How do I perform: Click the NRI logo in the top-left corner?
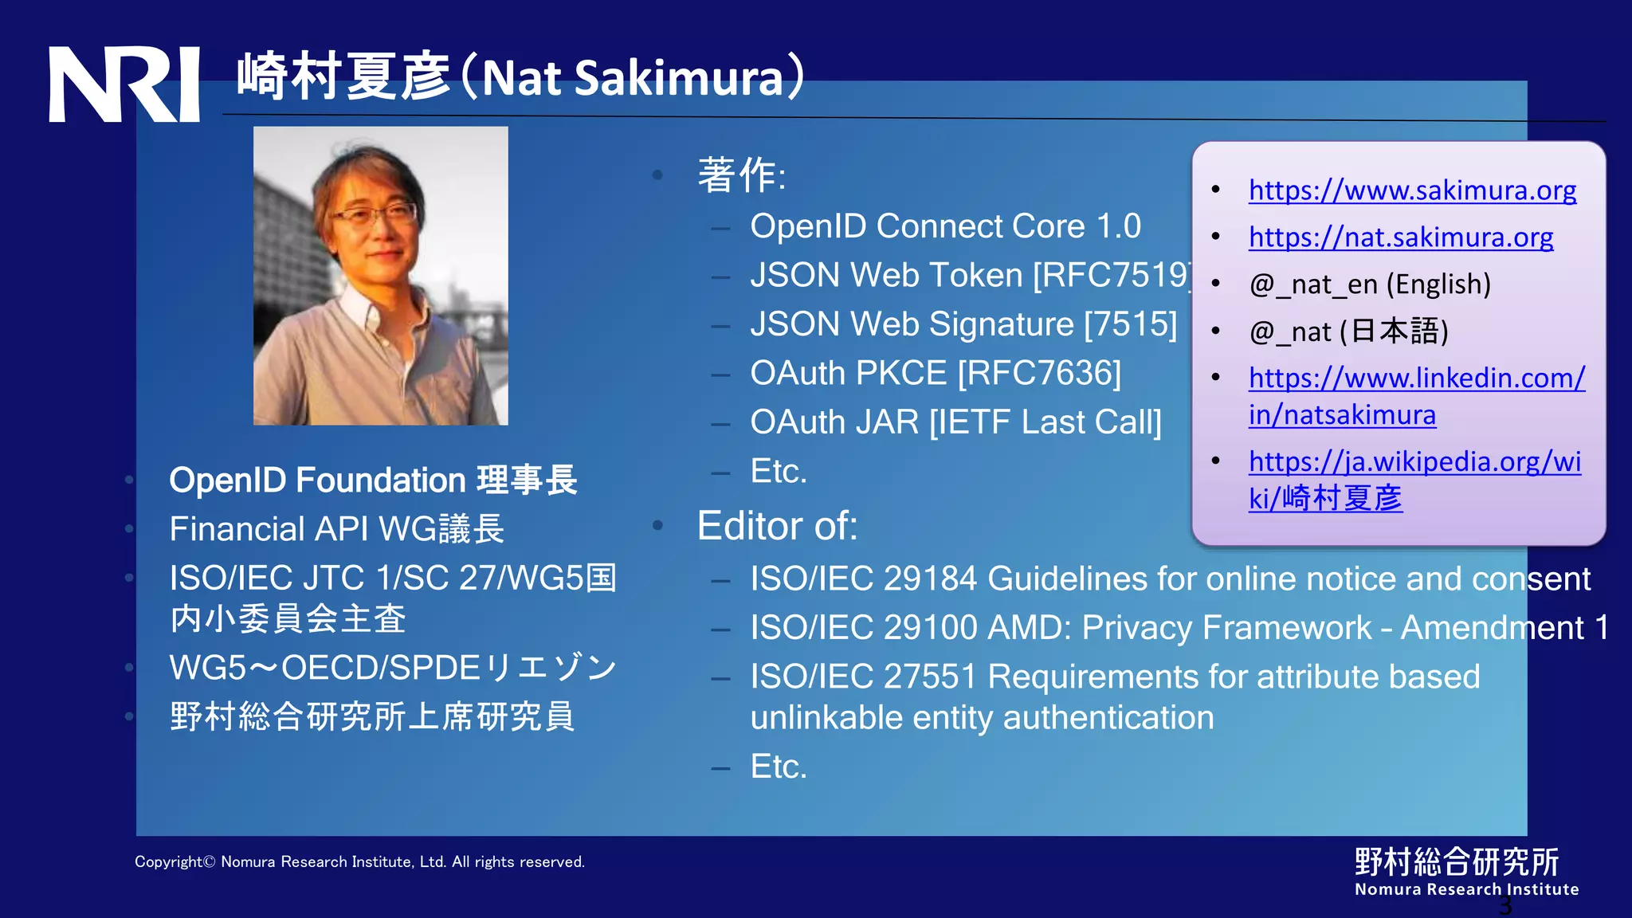(124, 84)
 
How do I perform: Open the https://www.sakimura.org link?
(1412, 190)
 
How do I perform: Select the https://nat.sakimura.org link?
(1400, 237)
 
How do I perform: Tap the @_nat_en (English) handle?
(1369, 284)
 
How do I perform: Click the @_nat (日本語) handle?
(1348, 331)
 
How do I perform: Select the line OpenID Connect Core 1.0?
(945, 226)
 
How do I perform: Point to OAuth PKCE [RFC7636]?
(935, 373)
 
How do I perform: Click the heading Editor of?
(777, 526)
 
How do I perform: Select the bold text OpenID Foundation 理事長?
(372, 481)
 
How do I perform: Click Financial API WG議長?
(336, 529)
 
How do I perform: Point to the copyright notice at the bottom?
(359, 861)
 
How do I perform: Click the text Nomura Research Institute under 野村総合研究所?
(1466, 889)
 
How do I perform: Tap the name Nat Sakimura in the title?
(634, 78)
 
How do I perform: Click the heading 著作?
(741, 175)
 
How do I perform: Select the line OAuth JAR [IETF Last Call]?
(955, 422)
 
